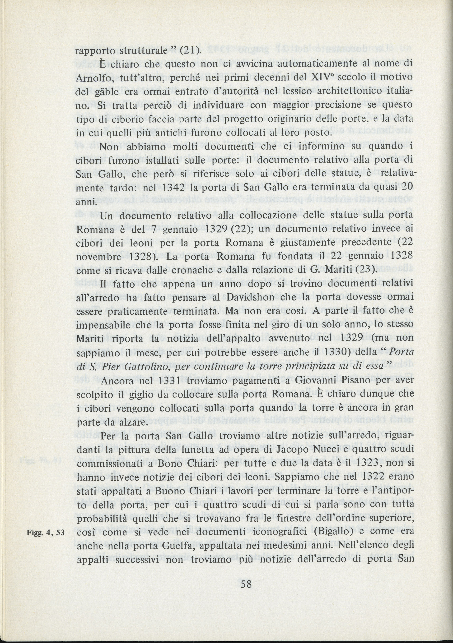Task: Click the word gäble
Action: (x=106, y=92)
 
